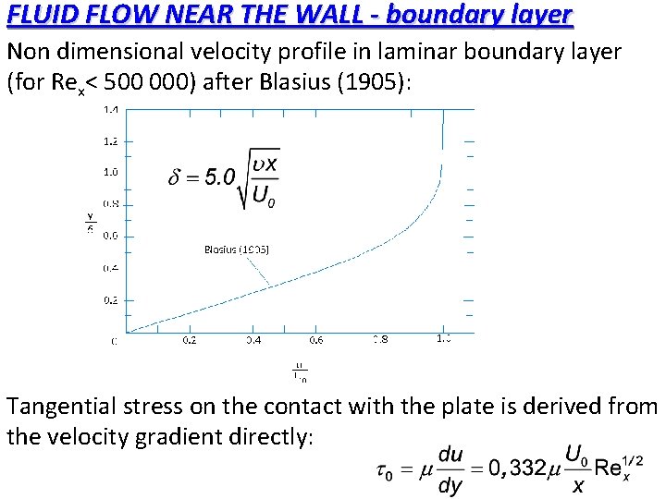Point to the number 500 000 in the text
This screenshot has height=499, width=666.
[x=147, y=82]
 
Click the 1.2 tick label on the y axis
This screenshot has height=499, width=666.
[x=110, y=140]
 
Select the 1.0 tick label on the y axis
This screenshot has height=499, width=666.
[x=110, y=172]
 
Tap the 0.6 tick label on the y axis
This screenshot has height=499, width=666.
[x=110, y=236]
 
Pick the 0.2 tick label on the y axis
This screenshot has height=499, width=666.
[x=110, y=299]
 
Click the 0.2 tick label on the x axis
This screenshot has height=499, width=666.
[x=189, y=340]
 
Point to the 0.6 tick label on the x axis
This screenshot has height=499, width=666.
[x=316, y=340]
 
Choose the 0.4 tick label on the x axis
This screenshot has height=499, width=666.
[x=253, y=340]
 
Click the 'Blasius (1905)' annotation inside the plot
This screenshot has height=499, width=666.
[x=236, y=249]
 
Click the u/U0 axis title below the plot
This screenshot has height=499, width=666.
[x=300, y=371]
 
